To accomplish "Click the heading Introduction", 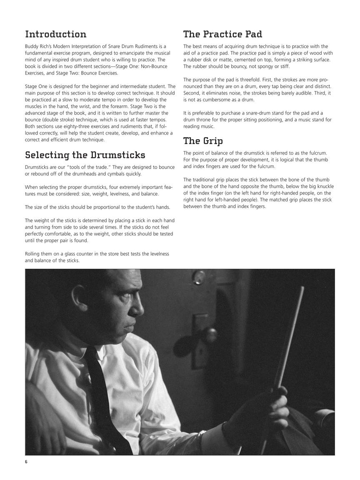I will (55, 34).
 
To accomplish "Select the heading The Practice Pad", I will (222, 34).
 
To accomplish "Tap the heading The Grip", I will (203, 141).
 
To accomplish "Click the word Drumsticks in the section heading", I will (118, 155).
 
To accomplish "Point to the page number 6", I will (26, 462).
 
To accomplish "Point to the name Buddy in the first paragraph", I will (32, 46).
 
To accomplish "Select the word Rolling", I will (33, 254).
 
